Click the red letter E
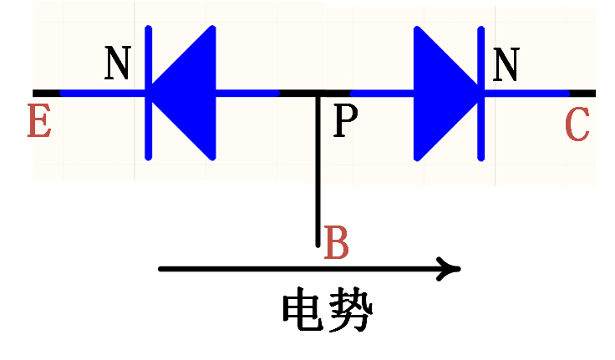tap(39, 122)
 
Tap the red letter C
tap(577, 125)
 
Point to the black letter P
tap(345, 123)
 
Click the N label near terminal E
tap(118, 63)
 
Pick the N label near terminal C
tap(506, 64)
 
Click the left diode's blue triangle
tap(188, 93)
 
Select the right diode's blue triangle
tap(443, 93)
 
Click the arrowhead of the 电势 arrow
tap(452, 269)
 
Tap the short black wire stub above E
tap(46, 93)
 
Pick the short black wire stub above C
tap(582, 93)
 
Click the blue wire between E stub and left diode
tap(100, 93)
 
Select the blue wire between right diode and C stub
tap(526, 93)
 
